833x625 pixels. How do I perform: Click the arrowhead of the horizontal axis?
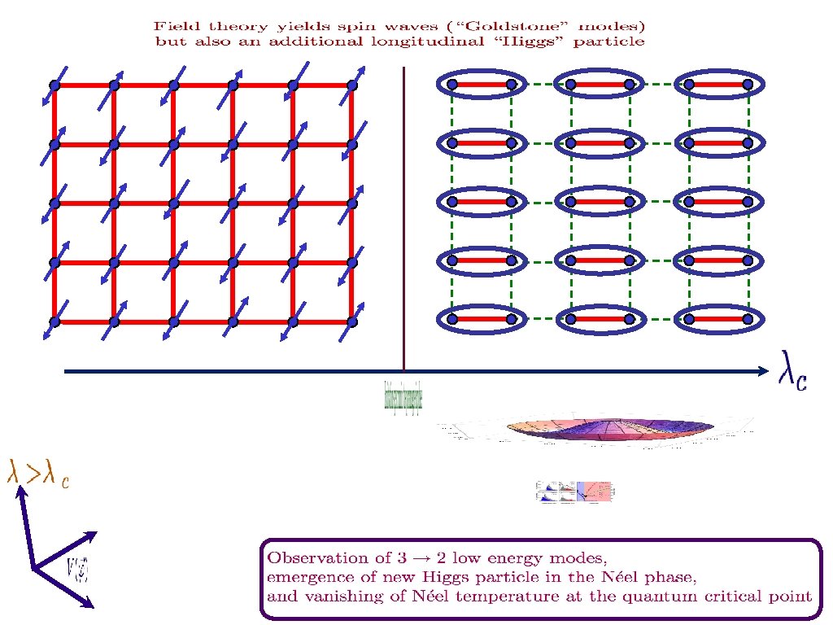(x=762, y=372)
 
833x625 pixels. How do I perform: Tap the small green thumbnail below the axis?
(x=403, y=396)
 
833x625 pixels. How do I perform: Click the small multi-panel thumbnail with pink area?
(x=575, y=491)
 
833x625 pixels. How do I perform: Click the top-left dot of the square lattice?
(x=55, y=85)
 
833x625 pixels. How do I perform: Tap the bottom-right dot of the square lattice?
(x=351, y=321)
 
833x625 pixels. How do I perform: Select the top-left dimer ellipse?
(x=481, y=84)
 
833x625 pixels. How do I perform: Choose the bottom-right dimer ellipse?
(x=717, y=319)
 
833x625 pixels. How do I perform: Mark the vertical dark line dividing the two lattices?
(x=403, y=220)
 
